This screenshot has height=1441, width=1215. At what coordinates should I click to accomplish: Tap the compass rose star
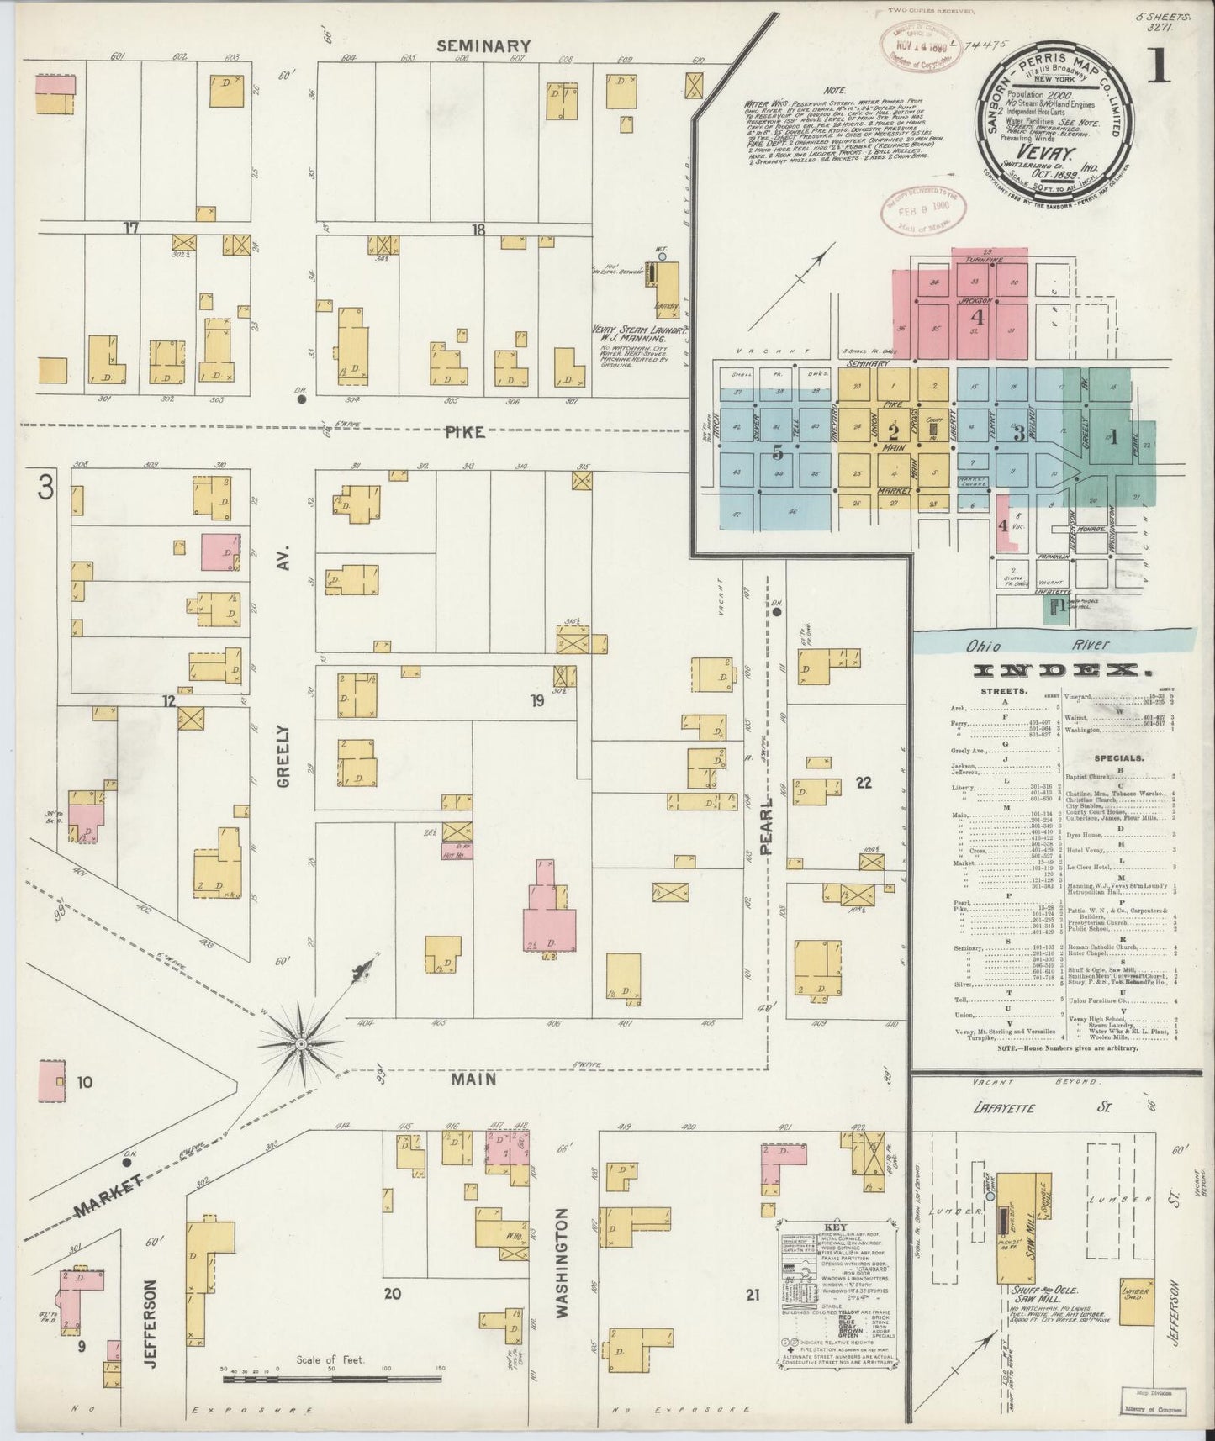click(x=300, y=1045)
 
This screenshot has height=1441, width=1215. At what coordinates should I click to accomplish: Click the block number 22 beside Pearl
click(x=863, y=782)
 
